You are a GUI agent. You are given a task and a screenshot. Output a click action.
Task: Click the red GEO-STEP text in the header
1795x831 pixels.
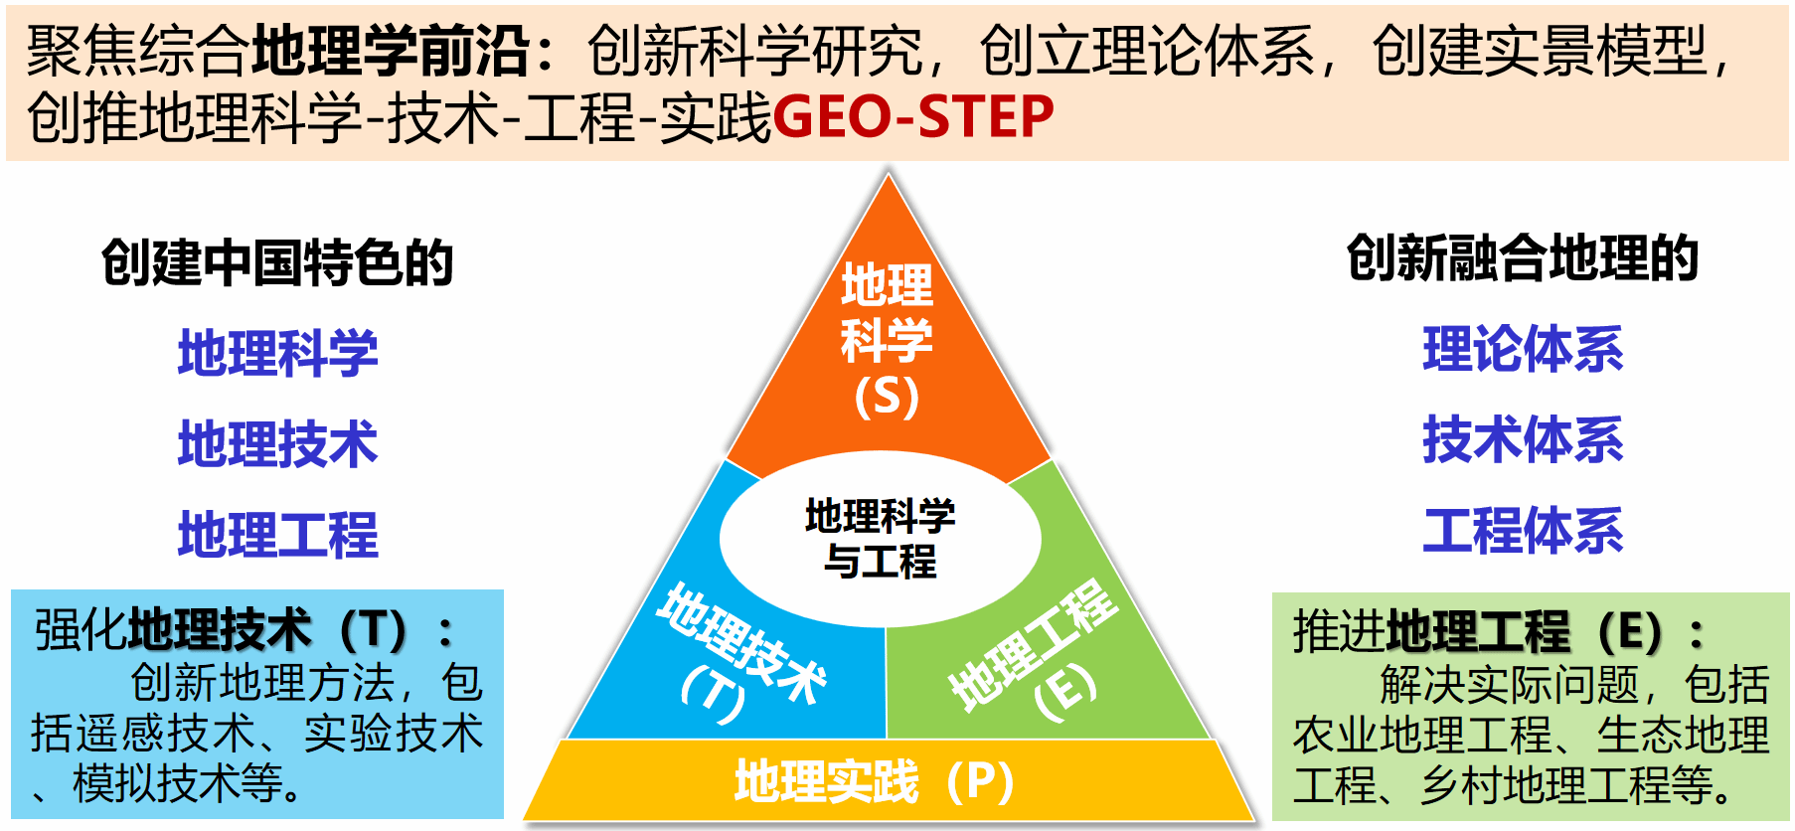(x=912, y=117)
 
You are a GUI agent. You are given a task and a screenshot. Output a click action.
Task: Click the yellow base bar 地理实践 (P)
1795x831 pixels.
(x=888, y=780)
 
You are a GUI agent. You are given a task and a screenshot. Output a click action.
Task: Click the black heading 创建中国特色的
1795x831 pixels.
(x=277, y=263)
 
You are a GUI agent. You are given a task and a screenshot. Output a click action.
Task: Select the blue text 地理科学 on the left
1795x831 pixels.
(x=278, y=354)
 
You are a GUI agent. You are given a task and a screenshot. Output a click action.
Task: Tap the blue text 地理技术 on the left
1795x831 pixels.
(x=278, y=444)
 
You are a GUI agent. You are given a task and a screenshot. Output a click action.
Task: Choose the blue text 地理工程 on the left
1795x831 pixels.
(x=278, y=535)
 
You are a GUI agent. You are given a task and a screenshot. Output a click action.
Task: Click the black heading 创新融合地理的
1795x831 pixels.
(x=1523, y=258)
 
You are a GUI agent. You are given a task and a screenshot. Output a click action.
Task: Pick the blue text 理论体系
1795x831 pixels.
(x=1523, y=349)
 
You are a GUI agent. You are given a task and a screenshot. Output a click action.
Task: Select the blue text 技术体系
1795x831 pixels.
(x=1523, y=440)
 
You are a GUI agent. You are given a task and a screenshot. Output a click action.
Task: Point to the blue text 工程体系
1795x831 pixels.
(x=1523, y=531)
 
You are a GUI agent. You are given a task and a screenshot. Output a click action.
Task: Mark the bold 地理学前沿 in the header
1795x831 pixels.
(x=392, y=52)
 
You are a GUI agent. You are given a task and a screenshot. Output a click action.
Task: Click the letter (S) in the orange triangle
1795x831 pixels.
(x=887, y=396)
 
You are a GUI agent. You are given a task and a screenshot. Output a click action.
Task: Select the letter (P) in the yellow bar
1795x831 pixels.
(x=980, y=782)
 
